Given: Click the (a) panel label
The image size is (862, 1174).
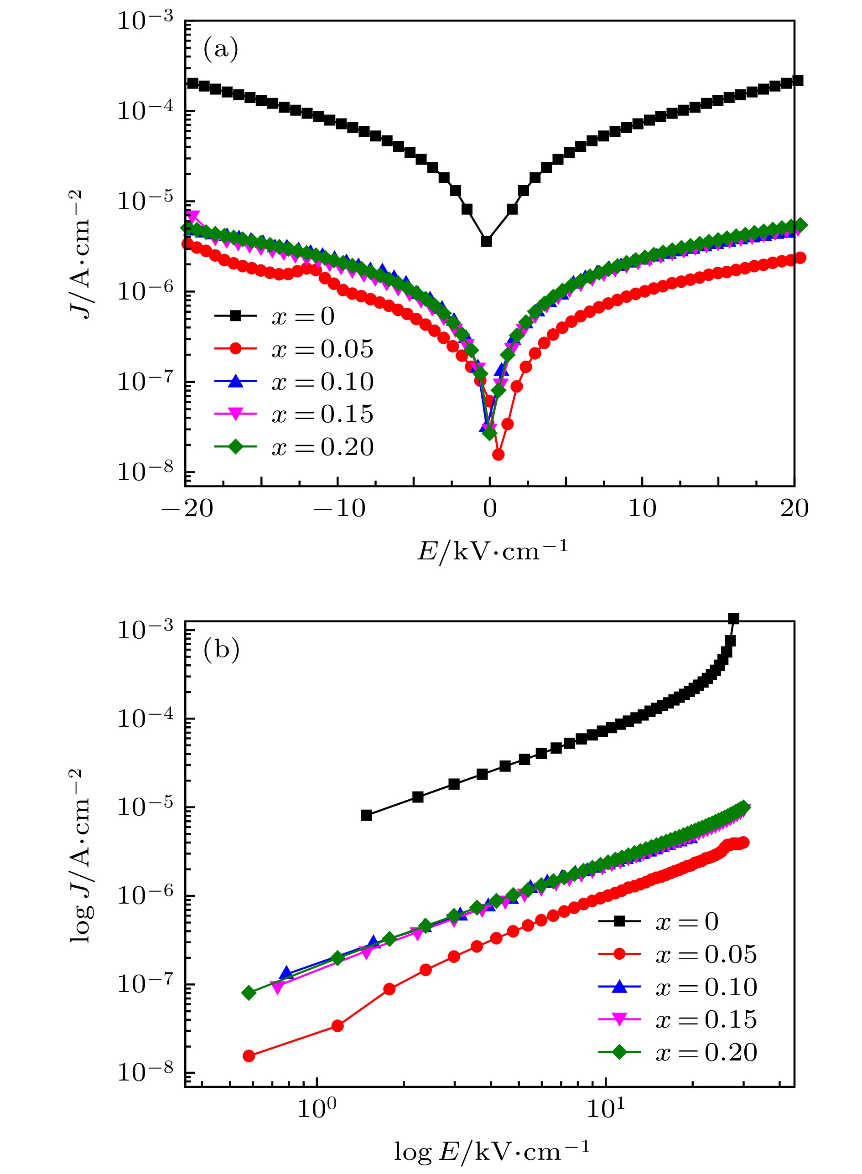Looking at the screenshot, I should tap(221, 49).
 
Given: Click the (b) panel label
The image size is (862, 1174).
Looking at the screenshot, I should tap(221, 650).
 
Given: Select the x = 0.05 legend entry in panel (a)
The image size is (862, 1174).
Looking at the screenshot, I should tap(295, 349).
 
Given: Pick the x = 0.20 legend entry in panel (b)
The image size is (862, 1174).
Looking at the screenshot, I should tap(678, 1052).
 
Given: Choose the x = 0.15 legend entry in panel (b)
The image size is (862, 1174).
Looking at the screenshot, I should tap(678, 1019).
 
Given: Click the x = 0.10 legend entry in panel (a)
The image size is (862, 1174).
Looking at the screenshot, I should tap(295, 382).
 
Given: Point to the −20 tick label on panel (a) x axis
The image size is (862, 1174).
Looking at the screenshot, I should tap(187, 508).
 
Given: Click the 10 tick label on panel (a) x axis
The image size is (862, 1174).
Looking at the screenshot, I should tap(642, 508).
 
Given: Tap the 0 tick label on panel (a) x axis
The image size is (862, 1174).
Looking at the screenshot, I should tap(489, 508).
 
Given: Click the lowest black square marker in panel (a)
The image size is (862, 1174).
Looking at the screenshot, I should tap(486, 242).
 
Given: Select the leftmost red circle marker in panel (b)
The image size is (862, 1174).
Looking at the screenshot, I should tap(249, 1056).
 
